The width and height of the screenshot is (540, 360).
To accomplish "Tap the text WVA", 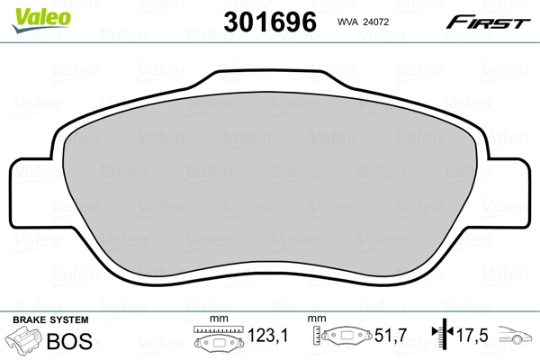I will [x=348, y=24].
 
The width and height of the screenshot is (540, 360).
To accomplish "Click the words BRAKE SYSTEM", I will [x=49, y=320].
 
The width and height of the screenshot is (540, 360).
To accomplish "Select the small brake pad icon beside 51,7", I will [x=345, y=339].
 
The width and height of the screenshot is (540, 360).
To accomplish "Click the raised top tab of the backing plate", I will [x=270, y=83].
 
